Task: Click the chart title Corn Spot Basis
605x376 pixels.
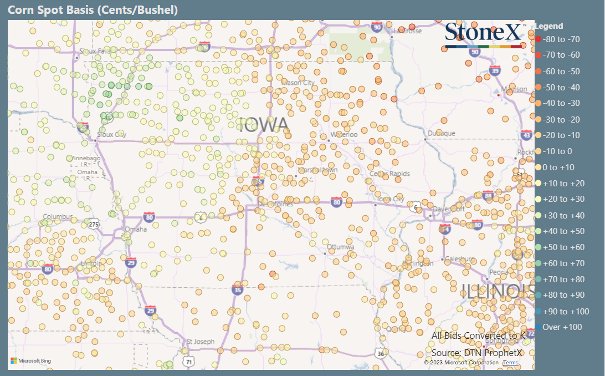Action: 92,11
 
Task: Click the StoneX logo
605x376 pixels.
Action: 484,33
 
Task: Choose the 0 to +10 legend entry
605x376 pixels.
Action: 555,167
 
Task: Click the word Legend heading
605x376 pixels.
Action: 548,26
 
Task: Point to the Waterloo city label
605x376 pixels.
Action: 344,134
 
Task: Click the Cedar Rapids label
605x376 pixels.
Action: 390,174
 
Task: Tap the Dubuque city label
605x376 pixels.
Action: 441,133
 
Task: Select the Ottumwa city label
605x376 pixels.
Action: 340,246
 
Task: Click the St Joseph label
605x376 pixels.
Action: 200,342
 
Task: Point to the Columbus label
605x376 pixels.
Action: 58,216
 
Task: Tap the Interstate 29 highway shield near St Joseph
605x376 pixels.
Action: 151,311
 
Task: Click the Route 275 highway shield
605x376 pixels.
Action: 94,224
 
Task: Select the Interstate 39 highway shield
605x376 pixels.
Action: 495,70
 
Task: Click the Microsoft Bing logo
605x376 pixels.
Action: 31,361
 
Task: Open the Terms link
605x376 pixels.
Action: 511,362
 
